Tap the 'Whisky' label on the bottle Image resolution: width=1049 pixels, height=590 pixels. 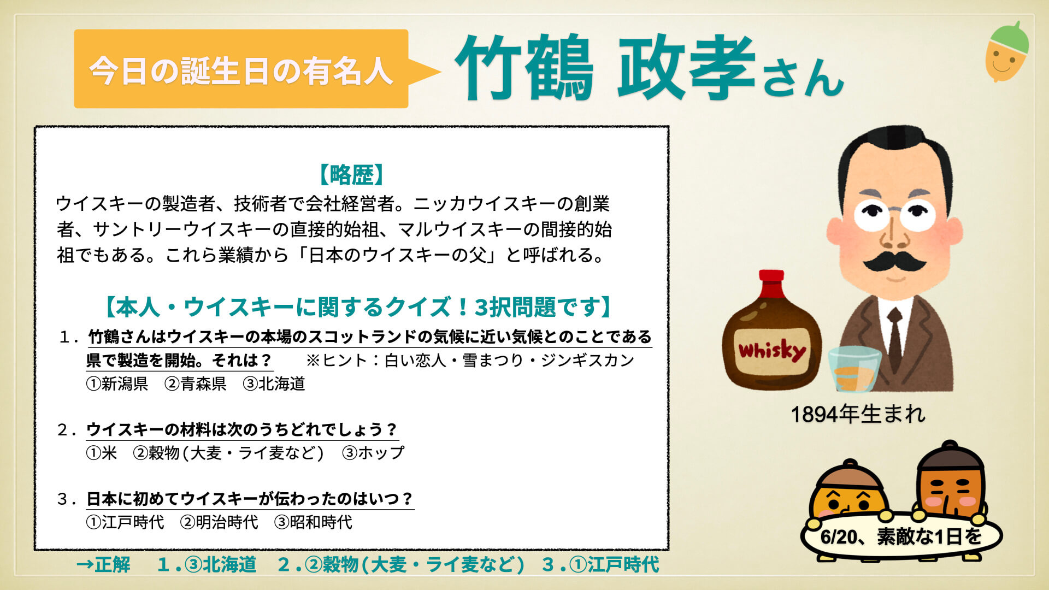pyautogui.click(x=771, y=351)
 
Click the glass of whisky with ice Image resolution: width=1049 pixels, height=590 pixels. pyautogui.click(x=854, y=369)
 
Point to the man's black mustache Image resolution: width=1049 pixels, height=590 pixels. pyautogui.click(x=894, y=261)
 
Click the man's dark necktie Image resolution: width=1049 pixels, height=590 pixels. pyautogui.click(x=895, y=339)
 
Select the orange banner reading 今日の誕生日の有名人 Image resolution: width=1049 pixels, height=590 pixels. pyautogui.click(x=241, y=69)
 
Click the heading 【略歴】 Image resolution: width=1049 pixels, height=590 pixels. pyautogui.click(x=352, y=175)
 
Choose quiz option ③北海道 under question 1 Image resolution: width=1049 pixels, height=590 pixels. pyautogui.click(x=274, y=383)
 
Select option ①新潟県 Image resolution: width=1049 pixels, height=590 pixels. pyautogui.click(x=117, y=383)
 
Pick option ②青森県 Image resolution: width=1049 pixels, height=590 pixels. pyautogui.click(x=196, y=383)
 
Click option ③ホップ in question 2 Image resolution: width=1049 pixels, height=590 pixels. pyautogui.click(x=373, y=453)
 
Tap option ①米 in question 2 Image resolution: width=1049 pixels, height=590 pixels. pyautogui.click(x=102, y=453)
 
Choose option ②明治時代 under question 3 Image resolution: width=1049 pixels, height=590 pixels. pyautogui.click(x=219, y=522)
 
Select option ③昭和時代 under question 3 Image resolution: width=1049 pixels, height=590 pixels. pyautogui.click(x=313, y=522)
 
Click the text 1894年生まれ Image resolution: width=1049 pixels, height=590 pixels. pyautogui.click(x=858, y=414)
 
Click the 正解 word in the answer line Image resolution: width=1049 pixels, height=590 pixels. pyautogui.click(x=113, y=564)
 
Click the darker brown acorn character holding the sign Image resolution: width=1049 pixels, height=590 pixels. pyautogui.click(x=950, y=481)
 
